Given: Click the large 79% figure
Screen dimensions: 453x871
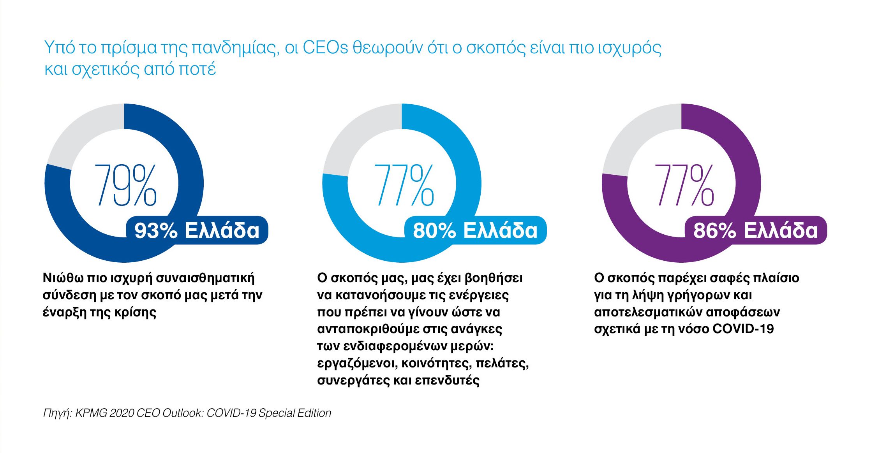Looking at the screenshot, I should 125,185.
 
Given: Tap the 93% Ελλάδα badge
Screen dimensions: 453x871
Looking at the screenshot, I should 197,230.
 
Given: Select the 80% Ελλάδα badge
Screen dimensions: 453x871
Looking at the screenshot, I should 475,230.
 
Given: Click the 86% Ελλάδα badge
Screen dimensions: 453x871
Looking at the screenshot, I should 755,230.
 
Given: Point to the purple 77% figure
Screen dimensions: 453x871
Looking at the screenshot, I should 684,185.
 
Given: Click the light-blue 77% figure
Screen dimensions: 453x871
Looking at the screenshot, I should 404,185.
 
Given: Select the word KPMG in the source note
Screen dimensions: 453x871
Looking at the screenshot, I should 91,413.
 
